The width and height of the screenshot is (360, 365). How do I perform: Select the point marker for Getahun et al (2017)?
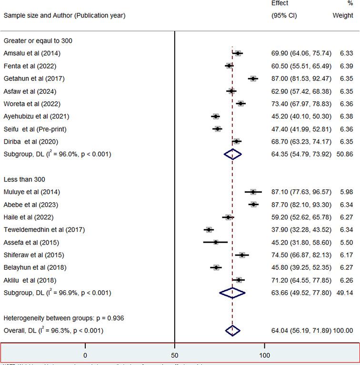coord(253,79)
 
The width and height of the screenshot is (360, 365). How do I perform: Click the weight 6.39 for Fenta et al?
coord(345,66)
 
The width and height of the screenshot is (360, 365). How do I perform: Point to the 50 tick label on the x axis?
coord(175,355)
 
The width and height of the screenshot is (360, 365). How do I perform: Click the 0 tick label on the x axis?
coord(85,355)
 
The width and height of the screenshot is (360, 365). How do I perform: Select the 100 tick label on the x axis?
coord(264,355)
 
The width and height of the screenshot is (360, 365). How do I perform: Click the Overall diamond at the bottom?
coord(232,331)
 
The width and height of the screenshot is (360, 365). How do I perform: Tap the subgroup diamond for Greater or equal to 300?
coord(233,154)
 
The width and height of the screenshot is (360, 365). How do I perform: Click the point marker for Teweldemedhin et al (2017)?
coord(209,230)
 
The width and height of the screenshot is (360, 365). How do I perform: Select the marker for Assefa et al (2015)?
coord(216,242)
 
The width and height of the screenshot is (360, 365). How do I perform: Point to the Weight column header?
coord(343,15)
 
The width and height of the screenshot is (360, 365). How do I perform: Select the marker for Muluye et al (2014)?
coord(253,192)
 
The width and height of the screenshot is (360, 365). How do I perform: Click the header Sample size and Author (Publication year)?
coord(64,15)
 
